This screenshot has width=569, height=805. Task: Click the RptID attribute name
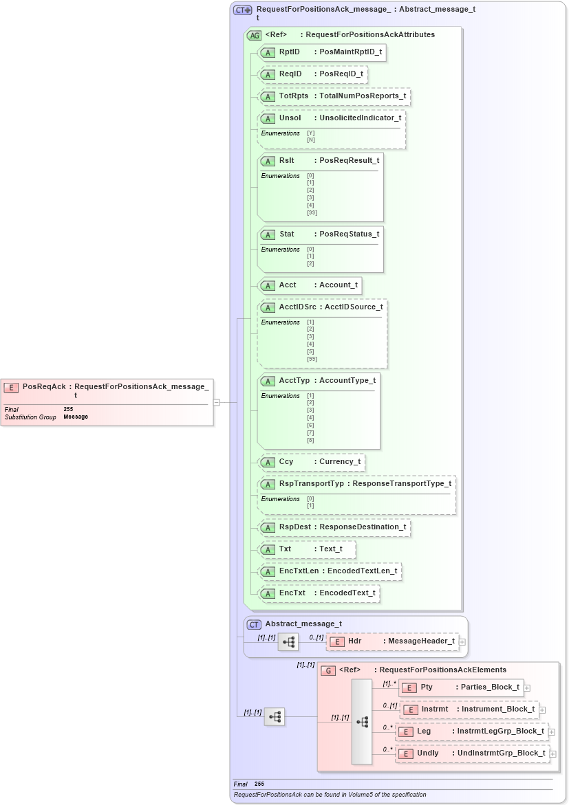click(x=289, y=52)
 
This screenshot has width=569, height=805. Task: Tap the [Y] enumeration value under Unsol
click(x=311, y=133)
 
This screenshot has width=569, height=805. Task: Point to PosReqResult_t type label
click(x=349, y=160)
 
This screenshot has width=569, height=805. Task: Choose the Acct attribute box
click(x=309, y=285)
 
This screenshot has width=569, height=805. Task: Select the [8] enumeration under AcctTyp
click(x=310, y=440)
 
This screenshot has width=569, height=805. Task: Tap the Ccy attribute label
click(x=286, y=462)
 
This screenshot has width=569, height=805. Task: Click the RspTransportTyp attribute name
click(x=311, y=484)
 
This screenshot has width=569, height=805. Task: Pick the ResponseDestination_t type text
click(x=363, y=527)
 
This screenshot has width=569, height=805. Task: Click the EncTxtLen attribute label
click(x=299, y=571)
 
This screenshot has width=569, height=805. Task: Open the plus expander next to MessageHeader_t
click(x=462, y=642)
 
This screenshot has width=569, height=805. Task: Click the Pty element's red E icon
click(x=409, y=687)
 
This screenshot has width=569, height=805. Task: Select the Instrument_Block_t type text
click(x=497, y=709)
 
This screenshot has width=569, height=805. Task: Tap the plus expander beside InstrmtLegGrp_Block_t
click(x=552, y=732)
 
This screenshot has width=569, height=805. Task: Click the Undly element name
click(x=427, y=753)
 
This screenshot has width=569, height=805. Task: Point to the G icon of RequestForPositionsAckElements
click(x=329, y=670)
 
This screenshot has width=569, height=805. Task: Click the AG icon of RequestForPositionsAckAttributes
click(x=254, y=34)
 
